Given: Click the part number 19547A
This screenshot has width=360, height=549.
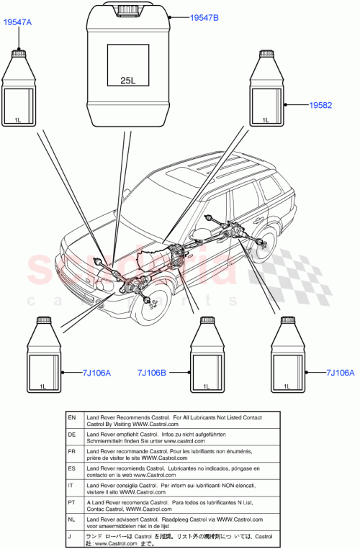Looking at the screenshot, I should (x=18, y=23).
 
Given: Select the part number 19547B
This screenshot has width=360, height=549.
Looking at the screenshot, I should (x=189, y=16).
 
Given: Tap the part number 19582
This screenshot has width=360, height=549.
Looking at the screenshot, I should (x=320, y=105).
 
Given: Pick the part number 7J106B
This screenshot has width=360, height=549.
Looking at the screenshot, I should (x=151, y=373).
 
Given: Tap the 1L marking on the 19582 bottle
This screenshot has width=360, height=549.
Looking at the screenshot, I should (x=266, y=120).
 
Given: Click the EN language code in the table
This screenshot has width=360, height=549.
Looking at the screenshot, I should (x=71, y=417).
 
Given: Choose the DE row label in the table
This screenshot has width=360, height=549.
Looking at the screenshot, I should (x=71, y=435).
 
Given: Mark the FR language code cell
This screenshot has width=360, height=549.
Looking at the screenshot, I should (x=71, y=451).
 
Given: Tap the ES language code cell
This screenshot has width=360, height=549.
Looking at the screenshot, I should (x=71, y=468).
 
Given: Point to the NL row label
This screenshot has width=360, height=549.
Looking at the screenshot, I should (x=71, y=519).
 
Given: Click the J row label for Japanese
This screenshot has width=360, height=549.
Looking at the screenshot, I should (x=71, y=536).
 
